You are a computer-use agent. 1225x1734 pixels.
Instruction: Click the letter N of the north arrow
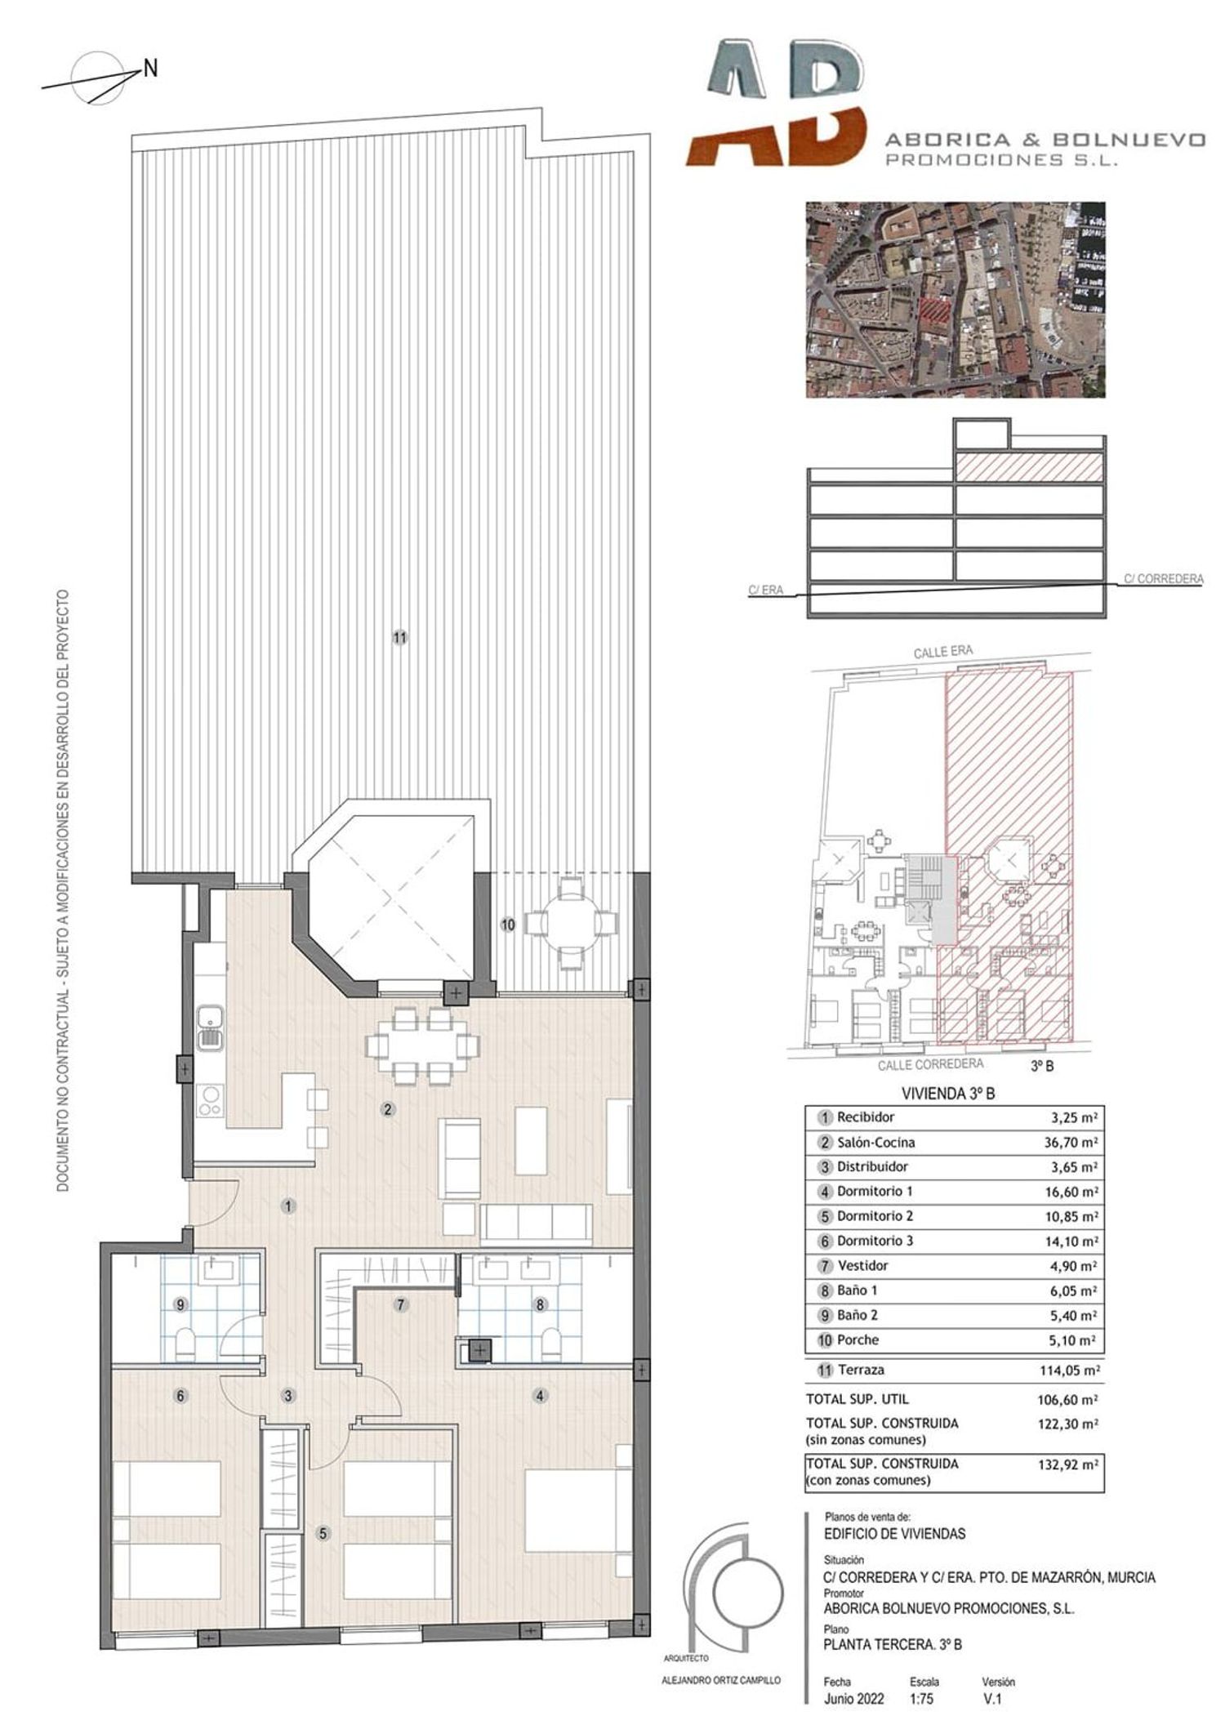click(x=150, y=70)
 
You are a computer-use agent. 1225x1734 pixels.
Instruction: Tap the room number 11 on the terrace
click(x=399, y=639)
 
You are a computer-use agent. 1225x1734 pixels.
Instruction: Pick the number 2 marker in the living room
click(x=388, y=1109)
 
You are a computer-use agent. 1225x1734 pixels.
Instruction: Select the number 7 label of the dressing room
click(x=400, y=1305)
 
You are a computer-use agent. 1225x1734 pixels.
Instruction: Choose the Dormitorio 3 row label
click(x=875, y=1241)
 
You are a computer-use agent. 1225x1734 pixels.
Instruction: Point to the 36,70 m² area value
click(x=1065, y=1143)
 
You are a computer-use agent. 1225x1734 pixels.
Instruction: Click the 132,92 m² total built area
click(x=1065, y=1464)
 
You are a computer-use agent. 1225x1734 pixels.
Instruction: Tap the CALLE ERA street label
click(x=943, y=653)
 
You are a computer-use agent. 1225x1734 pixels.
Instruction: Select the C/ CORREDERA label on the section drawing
click(x=1163, y=579)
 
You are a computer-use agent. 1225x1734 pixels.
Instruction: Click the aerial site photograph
click(x=955, y=300)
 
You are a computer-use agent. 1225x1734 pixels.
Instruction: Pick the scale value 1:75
click(x=920, y=1700)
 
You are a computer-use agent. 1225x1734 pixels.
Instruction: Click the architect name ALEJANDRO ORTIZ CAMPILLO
click(x=720, y=1680)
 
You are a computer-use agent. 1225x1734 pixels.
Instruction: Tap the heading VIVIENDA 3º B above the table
click(x=947, y=1094)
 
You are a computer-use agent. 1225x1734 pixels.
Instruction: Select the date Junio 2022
click(x=854, y=1700)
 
